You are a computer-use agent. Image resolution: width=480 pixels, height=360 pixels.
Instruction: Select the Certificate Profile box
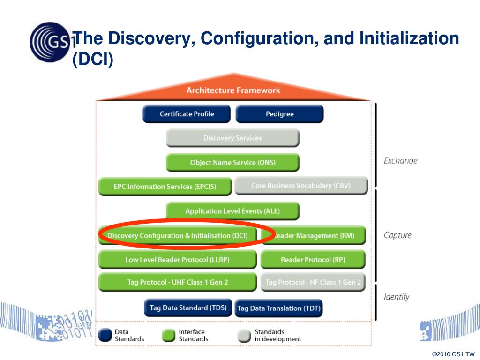coord(187,114)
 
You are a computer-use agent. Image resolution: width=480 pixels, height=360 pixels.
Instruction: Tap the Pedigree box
coord(279,114)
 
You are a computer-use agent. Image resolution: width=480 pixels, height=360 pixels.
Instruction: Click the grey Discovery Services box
coord(232,138)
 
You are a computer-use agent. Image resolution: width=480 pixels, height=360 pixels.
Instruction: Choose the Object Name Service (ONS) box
coord(232,163)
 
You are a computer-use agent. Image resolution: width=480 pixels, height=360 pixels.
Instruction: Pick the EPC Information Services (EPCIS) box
coord(165,187)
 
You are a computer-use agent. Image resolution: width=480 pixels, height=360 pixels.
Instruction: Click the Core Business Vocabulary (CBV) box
coord(300,186)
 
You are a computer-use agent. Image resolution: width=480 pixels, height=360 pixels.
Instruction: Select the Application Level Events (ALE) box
coord(232,211)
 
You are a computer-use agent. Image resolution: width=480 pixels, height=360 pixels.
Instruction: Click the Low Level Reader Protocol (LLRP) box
coord(177,260)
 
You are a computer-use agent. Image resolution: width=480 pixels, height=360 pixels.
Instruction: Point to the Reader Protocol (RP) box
coord(313,260)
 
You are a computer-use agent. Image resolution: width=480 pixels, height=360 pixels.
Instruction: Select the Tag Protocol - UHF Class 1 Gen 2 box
coord(177,282)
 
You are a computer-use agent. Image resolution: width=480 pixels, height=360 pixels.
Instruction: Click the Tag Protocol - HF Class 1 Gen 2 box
coord(313,282)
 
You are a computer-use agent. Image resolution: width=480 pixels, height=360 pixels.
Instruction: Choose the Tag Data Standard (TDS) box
coord(188,308)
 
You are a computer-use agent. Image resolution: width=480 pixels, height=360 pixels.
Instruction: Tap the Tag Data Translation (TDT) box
coord(278,308)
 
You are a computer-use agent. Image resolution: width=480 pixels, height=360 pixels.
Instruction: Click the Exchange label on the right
coord(400,161)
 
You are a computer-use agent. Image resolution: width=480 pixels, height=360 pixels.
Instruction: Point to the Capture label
coord(397,235)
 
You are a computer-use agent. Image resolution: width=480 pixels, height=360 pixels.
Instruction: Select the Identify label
coord(397,297)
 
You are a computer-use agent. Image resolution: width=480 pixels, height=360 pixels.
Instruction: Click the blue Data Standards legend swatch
coord(105,335)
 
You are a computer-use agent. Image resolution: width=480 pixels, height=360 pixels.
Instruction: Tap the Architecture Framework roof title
coord(233,90)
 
